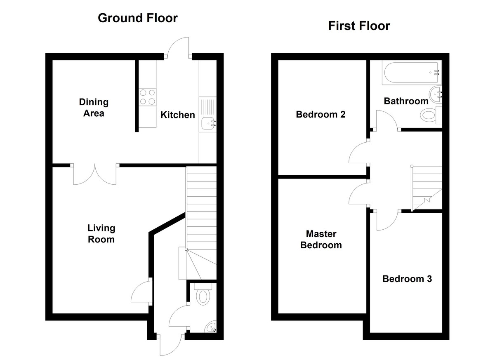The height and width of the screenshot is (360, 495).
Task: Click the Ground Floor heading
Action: point(138,18)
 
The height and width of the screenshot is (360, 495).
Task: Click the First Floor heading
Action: point(359,26)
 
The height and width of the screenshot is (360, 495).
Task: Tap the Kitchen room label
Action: point(178,115)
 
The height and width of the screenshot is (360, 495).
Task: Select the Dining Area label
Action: point(94,108)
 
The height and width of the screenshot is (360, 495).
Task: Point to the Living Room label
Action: point(101,234)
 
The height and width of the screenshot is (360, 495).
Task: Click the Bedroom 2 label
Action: point(321,114)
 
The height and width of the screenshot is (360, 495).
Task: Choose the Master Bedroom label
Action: point(321,240)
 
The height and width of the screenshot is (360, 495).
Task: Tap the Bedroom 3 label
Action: point(407,279)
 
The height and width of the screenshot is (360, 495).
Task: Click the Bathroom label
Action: point(406,101)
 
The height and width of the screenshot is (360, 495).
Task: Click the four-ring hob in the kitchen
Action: point(148,97)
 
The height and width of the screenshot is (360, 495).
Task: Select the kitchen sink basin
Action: point(208,123)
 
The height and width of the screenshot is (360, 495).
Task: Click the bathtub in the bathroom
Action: point(412,73)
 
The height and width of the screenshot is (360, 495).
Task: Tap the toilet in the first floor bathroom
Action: point(431,115)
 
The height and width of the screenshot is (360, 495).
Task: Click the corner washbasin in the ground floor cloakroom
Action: point(211,327)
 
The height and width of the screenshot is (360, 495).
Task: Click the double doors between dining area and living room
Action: point(95,174)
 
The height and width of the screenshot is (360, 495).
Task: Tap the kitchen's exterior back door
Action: point(178,48)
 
